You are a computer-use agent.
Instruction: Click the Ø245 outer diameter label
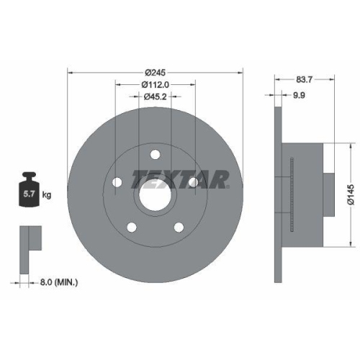(x=155, y=72)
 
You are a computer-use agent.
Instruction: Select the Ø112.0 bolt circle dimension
(x=155, y=85)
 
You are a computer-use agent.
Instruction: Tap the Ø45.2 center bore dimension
(x=155, y=97)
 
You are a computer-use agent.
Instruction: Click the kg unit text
(x=46, y=194)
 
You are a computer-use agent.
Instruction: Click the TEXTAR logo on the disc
(x=180, y=177)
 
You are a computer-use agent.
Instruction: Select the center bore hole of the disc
(x=155, y=192)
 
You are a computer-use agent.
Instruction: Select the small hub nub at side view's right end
(x=327, y=192)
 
